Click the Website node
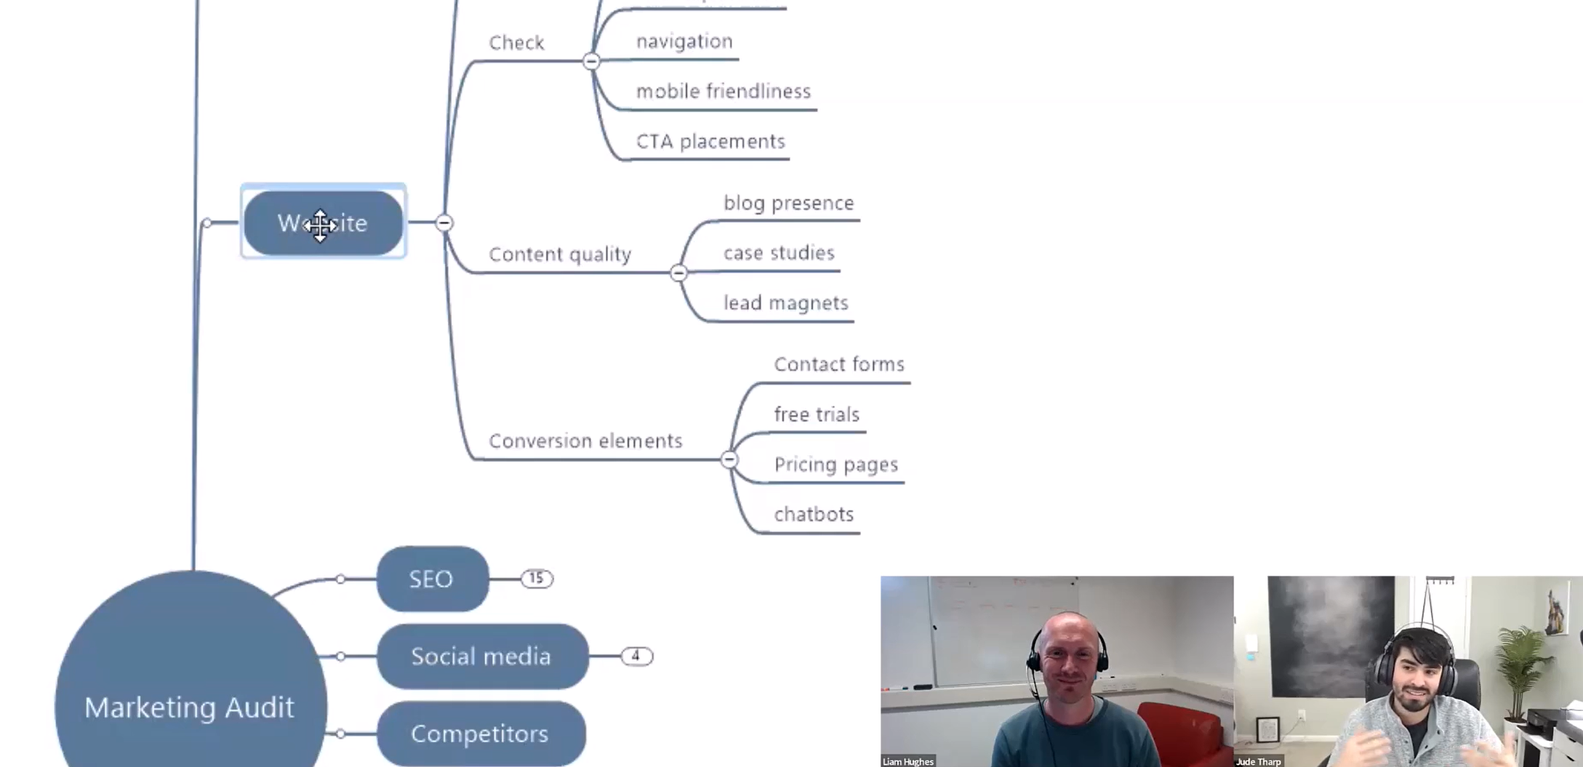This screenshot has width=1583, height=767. click(x=323, y=222)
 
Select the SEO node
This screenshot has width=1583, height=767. click(x=432, y=579)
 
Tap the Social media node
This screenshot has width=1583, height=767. click(x=481, y=656)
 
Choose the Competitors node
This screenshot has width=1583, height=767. click(x=480, y=733)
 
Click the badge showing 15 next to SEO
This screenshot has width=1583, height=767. click(x=537, y=579)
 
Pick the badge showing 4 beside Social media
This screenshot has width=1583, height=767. click(x=636, y=656)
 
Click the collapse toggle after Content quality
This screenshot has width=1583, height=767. click(x=678, y=273)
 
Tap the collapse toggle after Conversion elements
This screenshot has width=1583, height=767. click(x=729, y=459)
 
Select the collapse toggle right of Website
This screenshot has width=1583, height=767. click(x=444, y=222)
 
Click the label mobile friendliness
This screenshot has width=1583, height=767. click(x=723, y=91)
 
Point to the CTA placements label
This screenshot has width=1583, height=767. click(x=710, y=141)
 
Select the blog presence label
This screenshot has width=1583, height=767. click(x=788, y=203)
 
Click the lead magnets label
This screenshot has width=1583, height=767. click(x=785, y=302)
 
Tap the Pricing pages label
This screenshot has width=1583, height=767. click(x=835, y=464)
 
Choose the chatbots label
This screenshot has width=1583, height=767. click(x=814, y=514)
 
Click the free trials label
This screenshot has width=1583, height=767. click(x=817, y=414)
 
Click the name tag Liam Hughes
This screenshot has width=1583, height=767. click(x=907, y=761)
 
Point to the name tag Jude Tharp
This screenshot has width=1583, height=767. click(x=1259, y=761)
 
